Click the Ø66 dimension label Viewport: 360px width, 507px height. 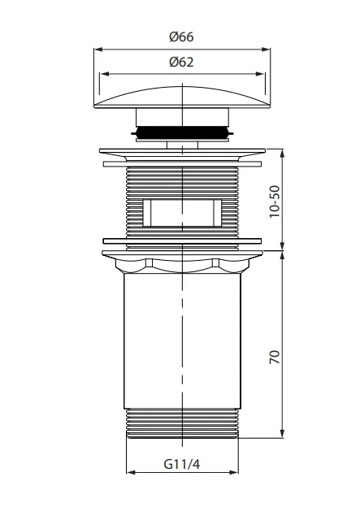181,37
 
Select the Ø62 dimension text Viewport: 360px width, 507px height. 181,62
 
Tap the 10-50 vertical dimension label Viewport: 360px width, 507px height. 275,201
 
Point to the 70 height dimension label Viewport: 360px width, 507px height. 275,357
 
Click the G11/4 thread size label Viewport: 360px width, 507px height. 182,464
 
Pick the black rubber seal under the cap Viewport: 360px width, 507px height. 182,133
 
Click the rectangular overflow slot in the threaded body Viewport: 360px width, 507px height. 182,213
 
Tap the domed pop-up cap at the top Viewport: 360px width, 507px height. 182,97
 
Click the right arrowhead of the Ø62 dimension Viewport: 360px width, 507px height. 260,74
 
